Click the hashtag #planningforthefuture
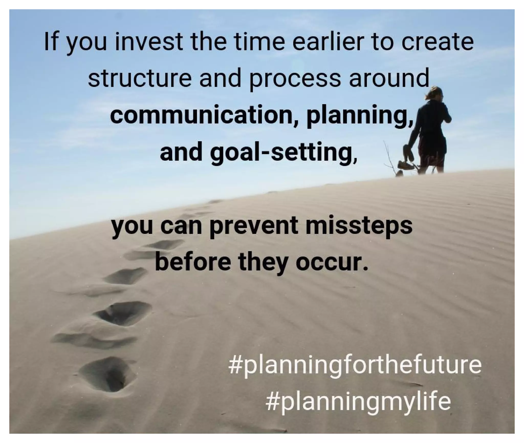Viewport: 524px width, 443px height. tap(354, 365)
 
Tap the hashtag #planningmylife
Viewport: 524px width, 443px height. tap(358, 401)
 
